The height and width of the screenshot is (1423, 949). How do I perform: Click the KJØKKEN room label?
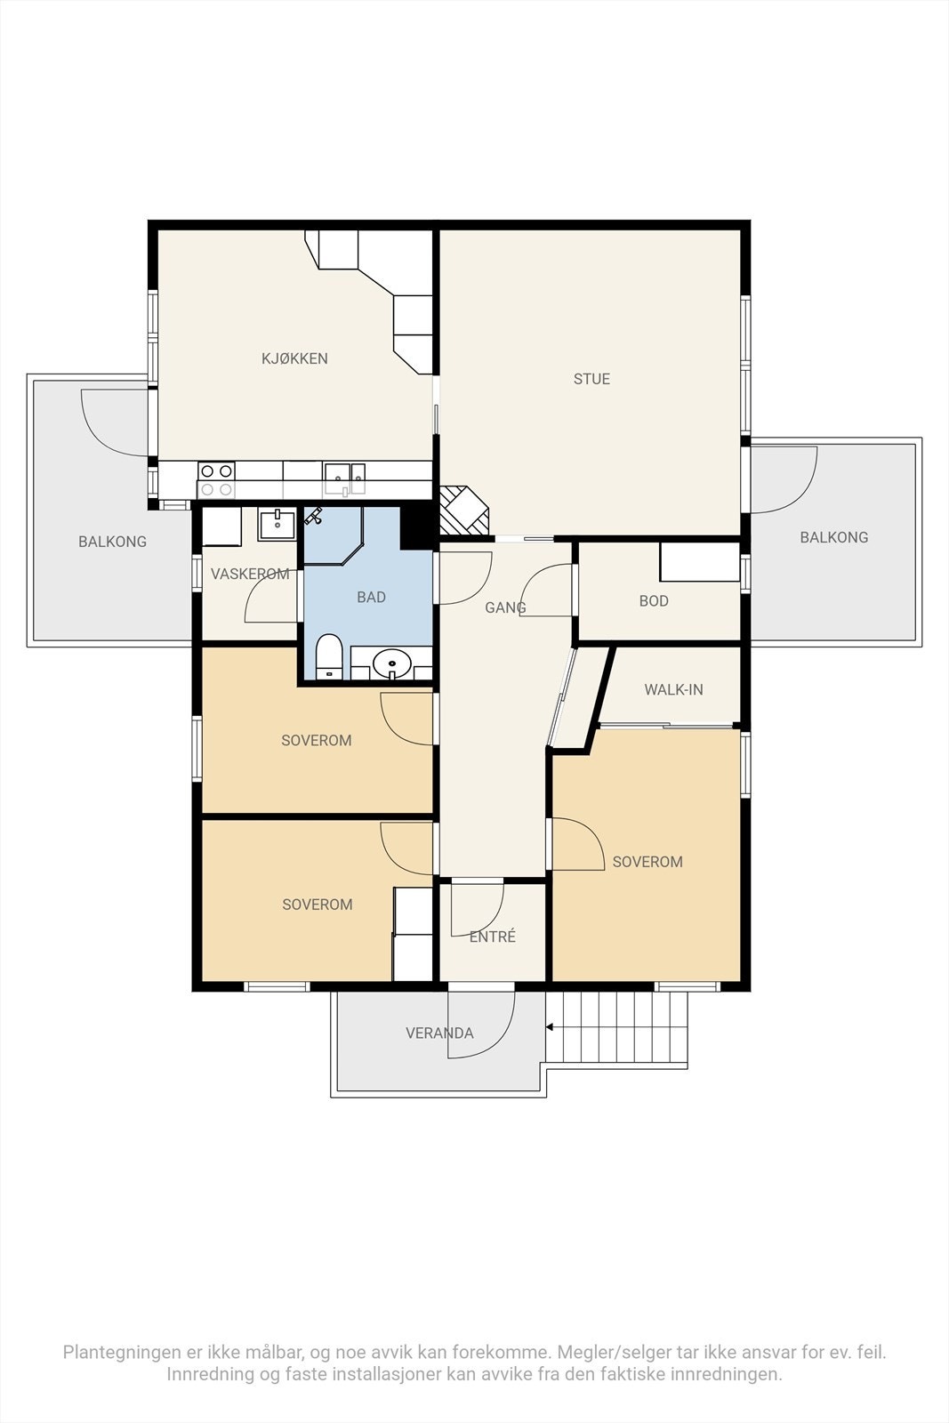(294, 358)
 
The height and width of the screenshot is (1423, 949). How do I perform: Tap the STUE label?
(591, 379)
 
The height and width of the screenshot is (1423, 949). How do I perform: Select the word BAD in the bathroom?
(371, 597)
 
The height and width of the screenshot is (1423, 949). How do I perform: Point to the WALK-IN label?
(673, 689)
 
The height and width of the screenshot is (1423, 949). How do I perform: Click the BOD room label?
(654, 600)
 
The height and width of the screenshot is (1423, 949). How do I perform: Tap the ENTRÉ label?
(492, 936)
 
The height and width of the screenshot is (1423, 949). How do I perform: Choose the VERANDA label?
(439, 1033)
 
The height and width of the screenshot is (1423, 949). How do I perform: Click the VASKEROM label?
(250, 574)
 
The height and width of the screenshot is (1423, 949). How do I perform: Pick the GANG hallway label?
(505, 607)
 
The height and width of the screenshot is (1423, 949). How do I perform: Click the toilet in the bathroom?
(329, 656)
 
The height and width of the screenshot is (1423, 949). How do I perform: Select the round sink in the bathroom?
(392, 664)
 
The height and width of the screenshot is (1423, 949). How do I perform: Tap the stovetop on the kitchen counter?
(216, 480)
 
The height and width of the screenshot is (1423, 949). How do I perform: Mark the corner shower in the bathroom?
(333, 535)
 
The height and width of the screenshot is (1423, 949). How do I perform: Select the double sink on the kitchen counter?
(345, 478)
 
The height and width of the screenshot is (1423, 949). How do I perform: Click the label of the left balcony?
(112, 542)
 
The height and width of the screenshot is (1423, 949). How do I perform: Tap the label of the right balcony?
(834, 537)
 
